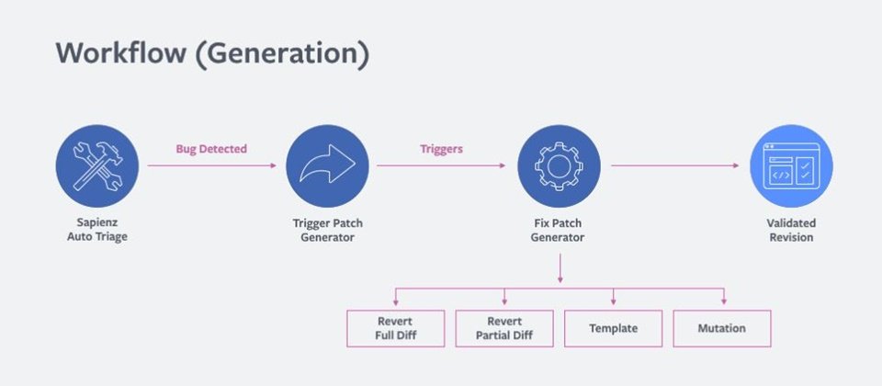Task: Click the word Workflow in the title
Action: click(x=121, y=53)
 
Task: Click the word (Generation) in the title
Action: click(x=282, y=54)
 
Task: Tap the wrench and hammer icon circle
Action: click(x=96, y=166)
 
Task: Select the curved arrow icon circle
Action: click(x=327, y=166)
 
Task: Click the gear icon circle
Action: click(x=559, y=166)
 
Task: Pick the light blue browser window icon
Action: click(x=791, y=166)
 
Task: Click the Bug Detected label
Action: click(x=211, y=149)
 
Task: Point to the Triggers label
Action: click(x=442, y=149)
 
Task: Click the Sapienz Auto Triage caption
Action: click(x=97, y=230)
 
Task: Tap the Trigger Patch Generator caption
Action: click(x=327, y=230)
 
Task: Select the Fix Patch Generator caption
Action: click(x=558, y=230)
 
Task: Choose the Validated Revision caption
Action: click(x=791, y=230)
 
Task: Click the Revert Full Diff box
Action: click(x=395, y=329)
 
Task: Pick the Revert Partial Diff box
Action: click(x=504, y=329)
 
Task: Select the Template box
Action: click(x=613, y=329)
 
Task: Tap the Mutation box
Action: click(x=722, y=329)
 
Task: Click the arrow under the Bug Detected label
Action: click(x=212, y=165)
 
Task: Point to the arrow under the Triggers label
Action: click(x=441, y=165)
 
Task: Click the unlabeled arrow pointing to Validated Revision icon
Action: click(x=675, y=165)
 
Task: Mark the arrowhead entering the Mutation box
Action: click(x=724, y=301)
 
